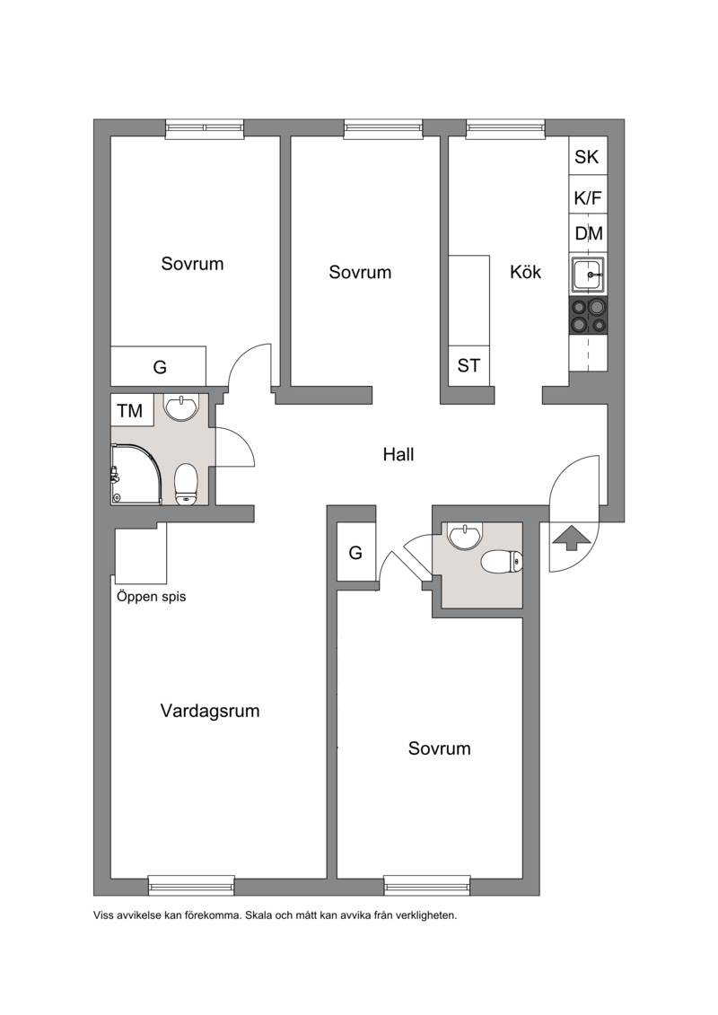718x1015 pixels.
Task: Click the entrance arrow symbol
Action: [x=568, y=538]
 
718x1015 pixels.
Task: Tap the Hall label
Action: [x=398, y=454]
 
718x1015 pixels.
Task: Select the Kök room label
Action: [x=525, y=272]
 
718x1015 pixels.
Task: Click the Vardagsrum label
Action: [x=210, y=712]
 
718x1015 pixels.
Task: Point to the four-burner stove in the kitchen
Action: [x=589, y=316]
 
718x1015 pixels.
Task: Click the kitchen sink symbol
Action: [x=589, y=276]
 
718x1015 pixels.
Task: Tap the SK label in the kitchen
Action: [x=587, y=157]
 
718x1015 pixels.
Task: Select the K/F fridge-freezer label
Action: [x=588, y=198]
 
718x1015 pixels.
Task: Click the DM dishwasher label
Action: [x=589, y=233]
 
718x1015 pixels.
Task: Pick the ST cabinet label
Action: [x=468, y=366]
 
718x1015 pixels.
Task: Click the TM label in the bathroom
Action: [x=130, y=410]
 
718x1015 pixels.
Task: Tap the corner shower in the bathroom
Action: [x=136, y=473]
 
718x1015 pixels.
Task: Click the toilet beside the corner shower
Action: [x=186, y=483]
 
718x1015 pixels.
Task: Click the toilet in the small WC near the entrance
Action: [x=502, y=561]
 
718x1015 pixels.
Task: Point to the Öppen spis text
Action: [x=151, y=597]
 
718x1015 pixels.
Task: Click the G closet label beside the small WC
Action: [x=355, y=553]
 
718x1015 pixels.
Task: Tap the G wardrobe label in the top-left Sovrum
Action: [x=160, y=368]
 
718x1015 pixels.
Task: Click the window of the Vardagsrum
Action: [x=191, y=885]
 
